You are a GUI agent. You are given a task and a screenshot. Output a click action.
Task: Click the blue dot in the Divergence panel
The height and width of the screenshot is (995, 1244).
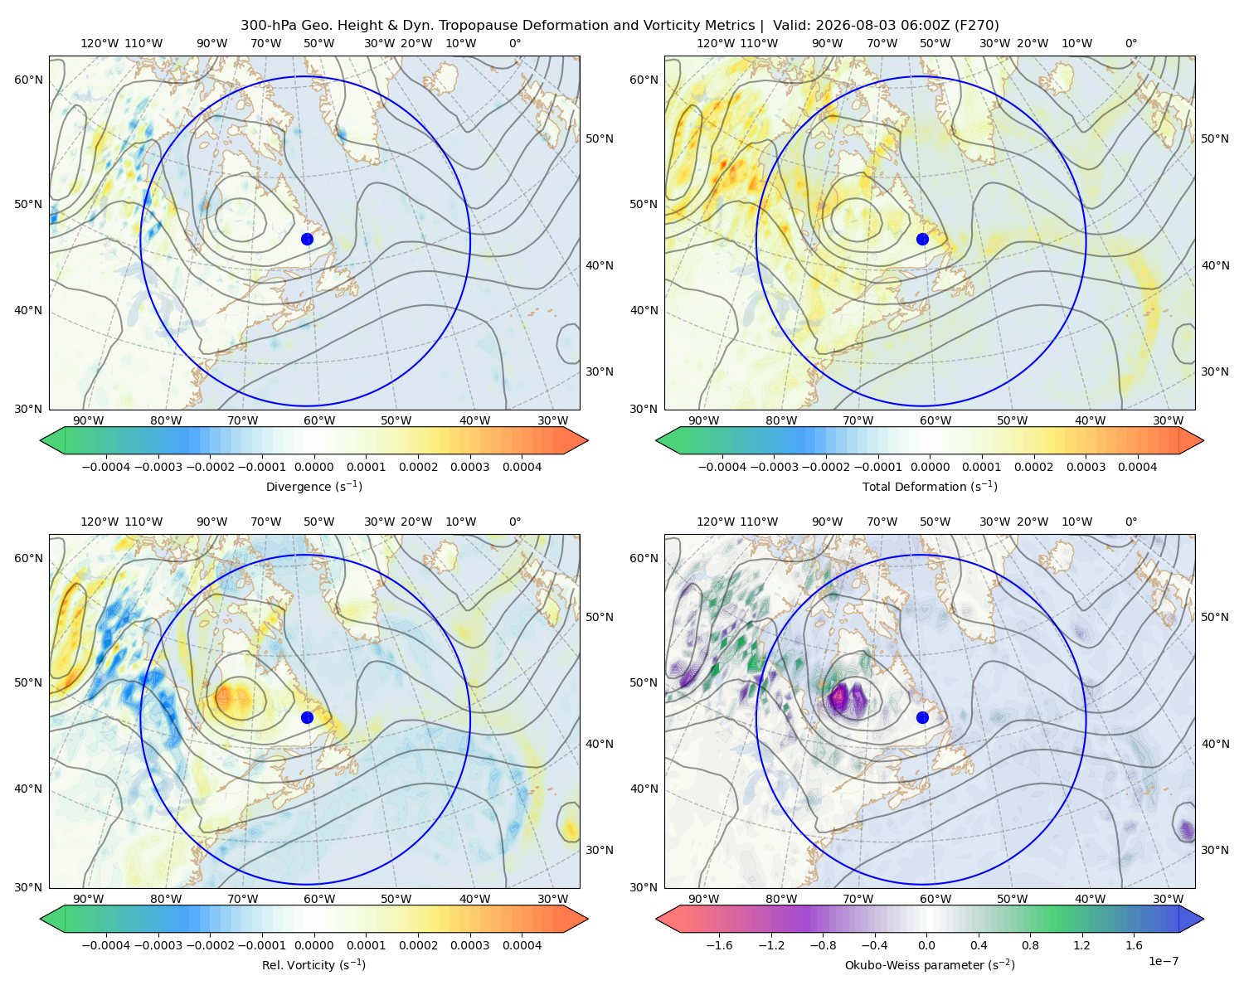pos(307,239)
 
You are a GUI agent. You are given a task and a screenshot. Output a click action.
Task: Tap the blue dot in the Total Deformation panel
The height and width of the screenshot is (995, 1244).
pos(922,239)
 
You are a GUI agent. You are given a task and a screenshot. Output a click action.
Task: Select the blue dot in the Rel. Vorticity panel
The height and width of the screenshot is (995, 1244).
pos(307,717)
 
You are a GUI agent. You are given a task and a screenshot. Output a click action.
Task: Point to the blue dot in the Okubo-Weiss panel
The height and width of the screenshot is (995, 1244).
pos(922,717)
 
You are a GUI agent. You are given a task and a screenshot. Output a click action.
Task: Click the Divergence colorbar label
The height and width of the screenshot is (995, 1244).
pos(313,486)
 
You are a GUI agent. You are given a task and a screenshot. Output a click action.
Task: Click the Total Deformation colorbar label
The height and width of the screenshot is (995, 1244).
pos(930,486)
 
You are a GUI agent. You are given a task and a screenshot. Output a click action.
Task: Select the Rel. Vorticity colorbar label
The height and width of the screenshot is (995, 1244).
pos(313,964)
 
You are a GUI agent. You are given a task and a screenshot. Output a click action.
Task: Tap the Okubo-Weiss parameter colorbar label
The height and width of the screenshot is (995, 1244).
pos(930,964)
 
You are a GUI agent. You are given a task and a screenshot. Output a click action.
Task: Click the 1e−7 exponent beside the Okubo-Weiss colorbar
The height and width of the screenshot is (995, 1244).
pos(1163,961)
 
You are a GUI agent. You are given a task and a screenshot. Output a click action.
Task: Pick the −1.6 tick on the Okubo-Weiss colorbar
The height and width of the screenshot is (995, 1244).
pos(719,944)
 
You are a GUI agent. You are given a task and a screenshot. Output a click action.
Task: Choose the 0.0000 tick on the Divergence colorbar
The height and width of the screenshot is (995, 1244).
pos(313,467)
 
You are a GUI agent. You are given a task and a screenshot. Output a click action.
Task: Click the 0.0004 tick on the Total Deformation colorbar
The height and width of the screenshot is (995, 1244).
pos(1137,467)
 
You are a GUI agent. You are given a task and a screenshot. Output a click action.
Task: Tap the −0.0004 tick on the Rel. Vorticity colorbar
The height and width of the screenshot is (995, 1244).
pos(106,944)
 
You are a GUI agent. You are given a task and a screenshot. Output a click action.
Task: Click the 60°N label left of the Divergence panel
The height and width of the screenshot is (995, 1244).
pos(28,80)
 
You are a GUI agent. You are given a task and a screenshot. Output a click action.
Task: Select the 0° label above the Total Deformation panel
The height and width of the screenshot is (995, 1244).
pos(1130,43)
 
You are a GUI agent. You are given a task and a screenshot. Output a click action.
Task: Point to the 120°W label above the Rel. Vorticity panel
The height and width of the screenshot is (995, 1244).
pos(100,522)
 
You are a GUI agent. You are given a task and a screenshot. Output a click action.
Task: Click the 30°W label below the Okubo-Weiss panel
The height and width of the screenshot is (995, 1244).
pos(1168,899)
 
